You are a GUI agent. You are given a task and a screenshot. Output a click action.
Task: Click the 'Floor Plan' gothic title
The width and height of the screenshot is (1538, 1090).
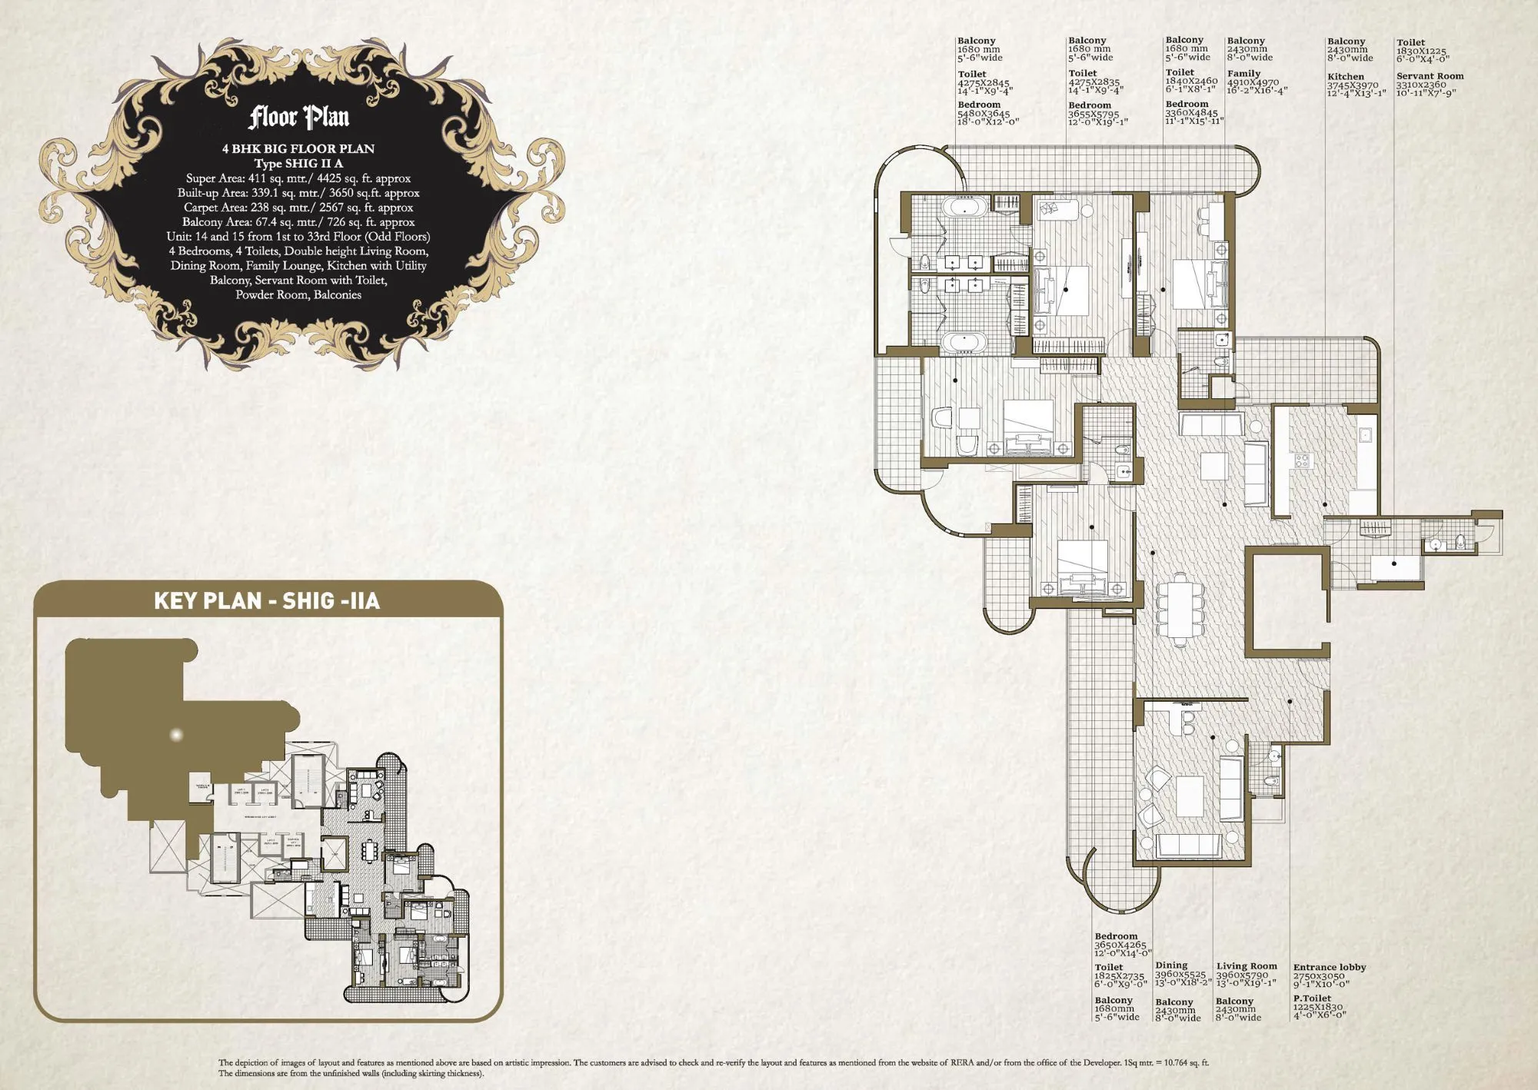pyautogui.click(x=298, y=118)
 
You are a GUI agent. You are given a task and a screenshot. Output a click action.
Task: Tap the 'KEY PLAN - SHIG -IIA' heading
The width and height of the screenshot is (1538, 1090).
pyautogui.click(x=267, y=600)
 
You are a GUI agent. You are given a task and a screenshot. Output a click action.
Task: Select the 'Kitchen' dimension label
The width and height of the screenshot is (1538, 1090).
pyautogui.click(x=1345, y=77)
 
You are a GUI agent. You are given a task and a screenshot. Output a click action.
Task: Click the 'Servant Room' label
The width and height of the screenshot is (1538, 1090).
pyautogui.click(x=1430, y=76)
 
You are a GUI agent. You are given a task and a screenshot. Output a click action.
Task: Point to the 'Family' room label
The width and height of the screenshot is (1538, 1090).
pyautogui.click(x=1243, y=74)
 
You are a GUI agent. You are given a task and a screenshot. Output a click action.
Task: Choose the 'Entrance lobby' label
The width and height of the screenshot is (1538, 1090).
pyautogui.click(x=1329, y=967)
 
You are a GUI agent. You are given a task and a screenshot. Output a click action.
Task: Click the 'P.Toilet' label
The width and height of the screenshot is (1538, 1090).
pyautogui.click(x=1312, y=999)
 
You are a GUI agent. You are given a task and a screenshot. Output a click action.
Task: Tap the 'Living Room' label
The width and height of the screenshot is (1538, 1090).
pyautogui.click(x=1246, y=966)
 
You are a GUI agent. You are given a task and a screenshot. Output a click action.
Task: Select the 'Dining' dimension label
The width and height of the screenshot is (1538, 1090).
pyautogui.click(x=1171, y=965)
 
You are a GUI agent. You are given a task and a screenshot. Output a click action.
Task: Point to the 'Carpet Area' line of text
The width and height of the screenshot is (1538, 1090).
pyautogui.click(x=298, y=208)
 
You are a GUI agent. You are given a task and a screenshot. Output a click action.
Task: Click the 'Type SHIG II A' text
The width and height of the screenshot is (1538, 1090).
pyautogui.click(x=298, y=163)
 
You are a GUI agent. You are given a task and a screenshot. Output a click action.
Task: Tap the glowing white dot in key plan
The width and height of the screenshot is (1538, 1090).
pyautogui.click(x=176, y=735)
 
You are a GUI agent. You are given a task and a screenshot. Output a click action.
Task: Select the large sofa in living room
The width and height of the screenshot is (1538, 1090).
pyautogui.click(x=1188, y=846)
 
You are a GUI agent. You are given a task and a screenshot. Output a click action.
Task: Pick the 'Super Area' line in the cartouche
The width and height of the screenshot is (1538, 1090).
pyautogui.click(x=298, y=178)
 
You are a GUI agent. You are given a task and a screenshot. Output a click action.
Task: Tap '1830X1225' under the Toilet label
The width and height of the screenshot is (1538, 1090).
pyautogui.click(x=1421, y=52)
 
